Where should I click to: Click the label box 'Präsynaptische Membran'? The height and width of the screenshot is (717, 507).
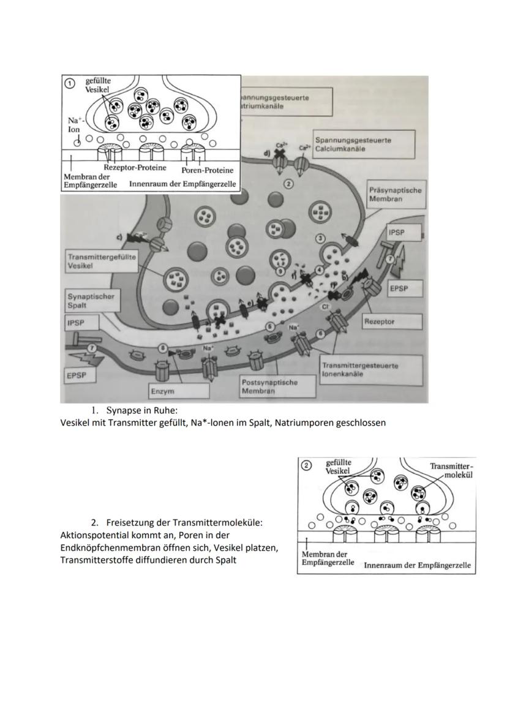click(395, 195)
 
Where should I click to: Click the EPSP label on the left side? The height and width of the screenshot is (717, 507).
click(77, 373)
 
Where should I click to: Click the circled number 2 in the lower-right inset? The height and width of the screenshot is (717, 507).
click(308, 466)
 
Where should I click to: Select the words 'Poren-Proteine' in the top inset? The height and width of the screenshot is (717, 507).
click(208, 170)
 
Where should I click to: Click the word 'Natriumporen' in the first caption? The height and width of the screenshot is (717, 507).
click(304, 422)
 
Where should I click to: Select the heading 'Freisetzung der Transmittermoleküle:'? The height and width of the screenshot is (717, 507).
click(184, 523)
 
